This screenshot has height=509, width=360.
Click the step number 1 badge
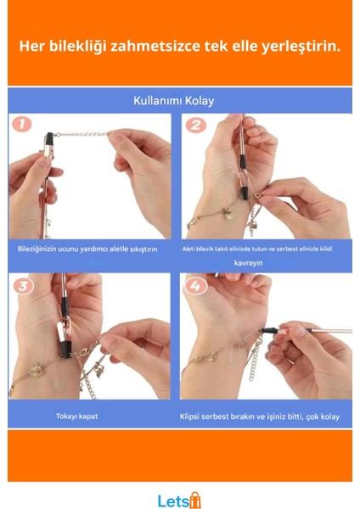[24, 125]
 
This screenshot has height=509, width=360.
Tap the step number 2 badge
[197, 126]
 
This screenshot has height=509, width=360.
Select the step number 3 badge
[24, 286]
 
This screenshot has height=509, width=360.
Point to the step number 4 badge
[197, 286]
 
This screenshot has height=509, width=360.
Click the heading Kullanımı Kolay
[173, 100]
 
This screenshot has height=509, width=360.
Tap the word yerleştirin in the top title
[299, 45]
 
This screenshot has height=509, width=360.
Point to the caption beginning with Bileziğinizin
[88, 249]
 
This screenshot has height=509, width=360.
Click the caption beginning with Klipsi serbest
[259, 417]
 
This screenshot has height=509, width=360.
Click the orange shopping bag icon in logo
[194, 499]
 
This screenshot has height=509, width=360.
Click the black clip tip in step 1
[50, 135]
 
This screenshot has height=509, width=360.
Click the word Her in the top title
[31, 45]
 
